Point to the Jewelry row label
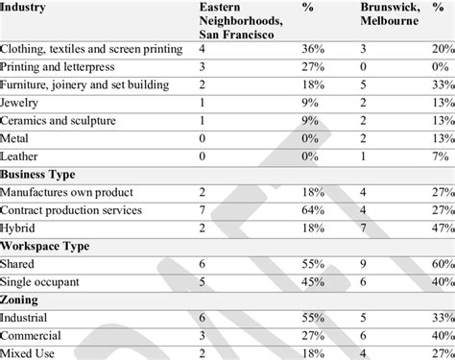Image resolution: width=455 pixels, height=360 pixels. coord(22,104)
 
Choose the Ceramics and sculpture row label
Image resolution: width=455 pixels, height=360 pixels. coord(58,121)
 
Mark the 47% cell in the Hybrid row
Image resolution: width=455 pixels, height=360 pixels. coord(443,228)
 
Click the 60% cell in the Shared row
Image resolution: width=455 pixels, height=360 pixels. coord(443,264)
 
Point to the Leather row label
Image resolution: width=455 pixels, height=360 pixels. coord(21,156)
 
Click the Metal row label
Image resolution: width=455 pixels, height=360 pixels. coord(17,139)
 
